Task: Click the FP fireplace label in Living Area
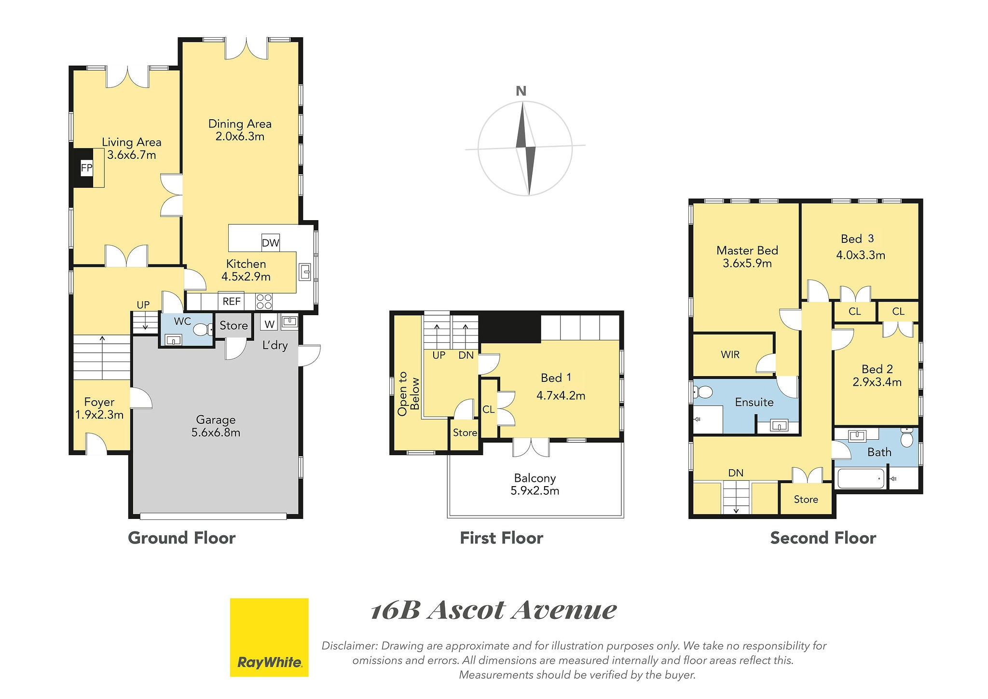(86, 168)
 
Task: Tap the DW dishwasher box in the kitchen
(270, 243)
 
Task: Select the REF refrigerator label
(232, 301)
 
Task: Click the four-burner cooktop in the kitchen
(264, 301)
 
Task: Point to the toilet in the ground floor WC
(202, 329)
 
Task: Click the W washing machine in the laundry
(269, 324)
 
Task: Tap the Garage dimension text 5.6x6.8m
(216, 433)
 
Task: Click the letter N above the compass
(521, 91)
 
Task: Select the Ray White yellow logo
(269, 637)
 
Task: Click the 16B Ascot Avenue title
(494, 611)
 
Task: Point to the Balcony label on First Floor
(535, 478)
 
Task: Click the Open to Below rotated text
(409, 393)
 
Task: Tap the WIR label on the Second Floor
(730, 355)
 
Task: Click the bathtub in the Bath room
(861, 479)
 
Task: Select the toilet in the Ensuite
(703, 392)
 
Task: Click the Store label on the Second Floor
(806, 500)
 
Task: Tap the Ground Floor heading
(182, 538)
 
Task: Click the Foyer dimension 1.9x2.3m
(99, 415)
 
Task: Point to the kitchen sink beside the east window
(305, 272)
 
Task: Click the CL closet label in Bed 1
(488, 409)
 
